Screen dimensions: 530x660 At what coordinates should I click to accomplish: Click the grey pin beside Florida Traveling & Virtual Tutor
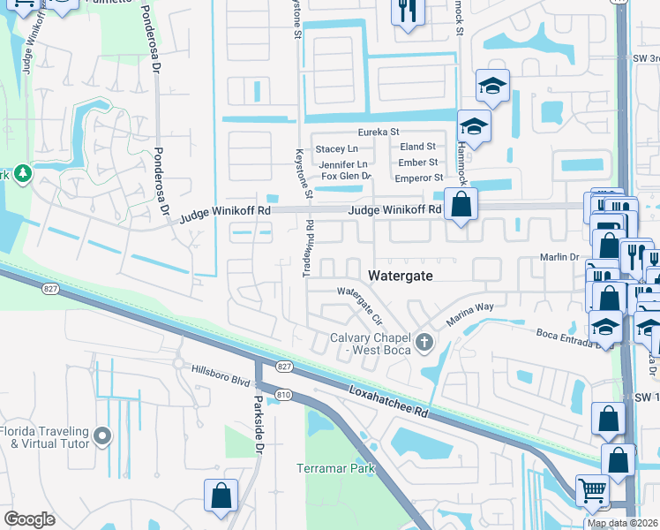click(x=103, y=435)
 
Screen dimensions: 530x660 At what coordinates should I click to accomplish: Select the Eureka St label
click(x=354, y=132)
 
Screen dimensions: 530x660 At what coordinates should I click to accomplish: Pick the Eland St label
click(x=417, y=147)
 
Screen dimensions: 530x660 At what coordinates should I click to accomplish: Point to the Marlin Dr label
click(x=559, y=257)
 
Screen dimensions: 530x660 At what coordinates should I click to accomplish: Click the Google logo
click(x=29, y=519)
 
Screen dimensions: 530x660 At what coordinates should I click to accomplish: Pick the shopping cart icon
click(x=592, y=488)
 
